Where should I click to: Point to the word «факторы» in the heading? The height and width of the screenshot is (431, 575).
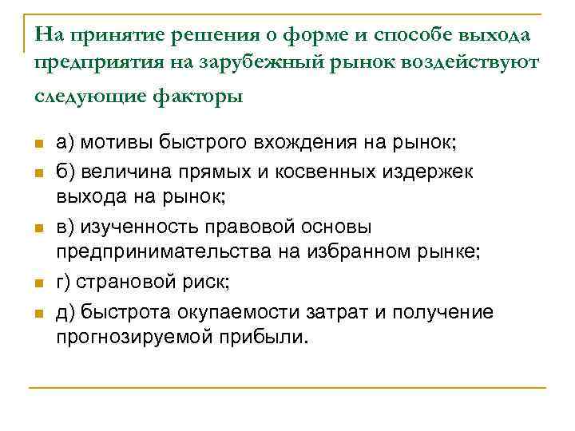point(202,97)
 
